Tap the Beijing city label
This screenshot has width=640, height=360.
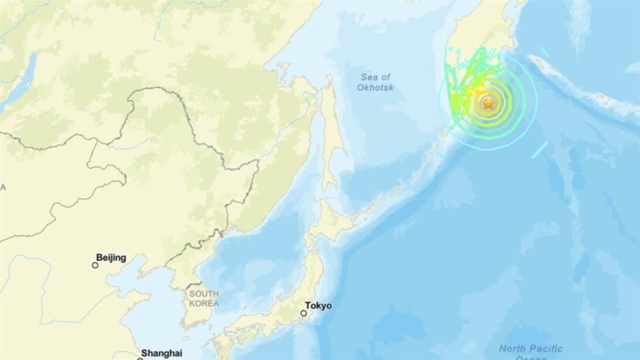[111, 258]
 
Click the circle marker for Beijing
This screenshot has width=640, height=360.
[95, 265]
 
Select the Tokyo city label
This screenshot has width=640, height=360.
[318, 306]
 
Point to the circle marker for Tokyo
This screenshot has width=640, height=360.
[303, 313]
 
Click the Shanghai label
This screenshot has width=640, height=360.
[162, 353]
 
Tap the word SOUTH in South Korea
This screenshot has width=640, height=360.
[204, 294]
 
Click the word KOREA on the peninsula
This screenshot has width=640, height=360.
[203, 303]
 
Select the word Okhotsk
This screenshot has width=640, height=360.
[375, 87]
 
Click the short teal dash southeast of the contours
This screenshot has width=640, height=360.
[539, 150]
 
